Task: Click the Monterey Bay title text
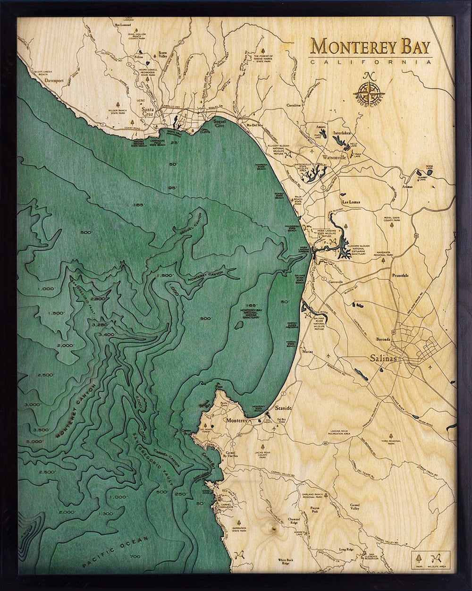pyautogui.click(x=371, y=47)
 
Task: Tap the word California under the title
pyautogui.click(x=371, y=62)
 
